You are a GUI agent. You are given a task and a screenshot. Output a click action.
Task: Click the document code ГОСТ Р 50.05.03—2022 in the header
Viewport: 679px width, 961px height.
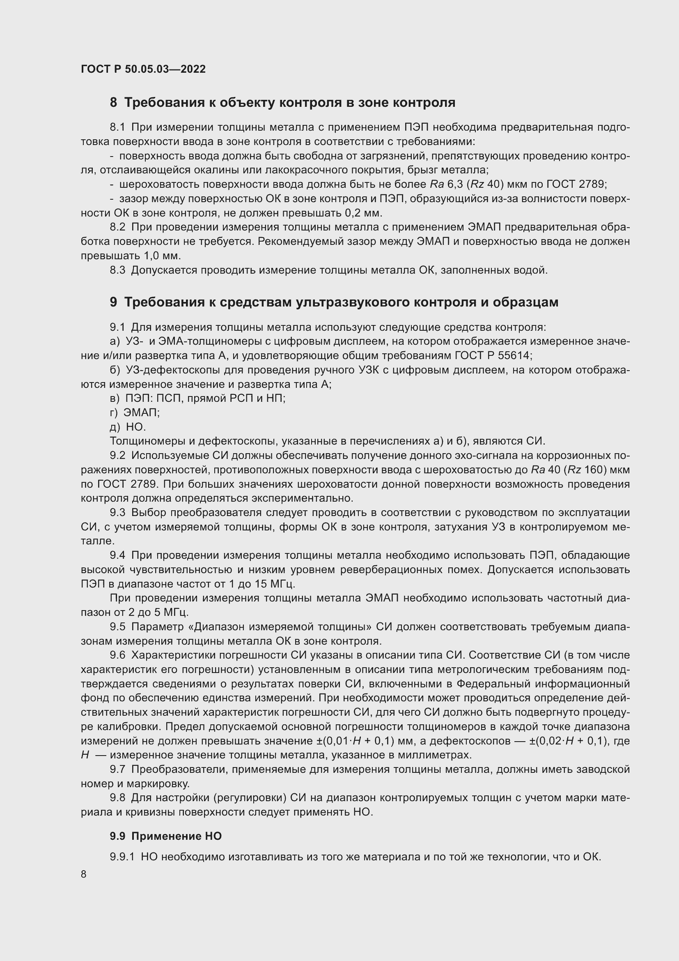[x=143, y=69]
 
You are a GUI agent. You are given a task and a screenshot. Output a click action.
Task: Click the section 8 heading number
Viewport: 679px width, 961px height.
[x=113, y=103]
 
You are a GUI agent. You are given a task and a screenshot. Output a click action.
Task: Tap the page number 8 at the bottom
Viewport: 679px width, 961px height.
[x=84, y=874]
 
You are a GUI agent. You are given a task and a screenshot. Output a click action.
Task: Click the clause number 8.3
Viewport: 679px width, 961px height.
[x=117, y=270]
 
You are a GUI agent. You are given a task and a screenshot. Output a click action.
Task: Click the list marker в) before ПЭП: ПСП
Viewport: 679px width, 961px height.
[x=115, y=398]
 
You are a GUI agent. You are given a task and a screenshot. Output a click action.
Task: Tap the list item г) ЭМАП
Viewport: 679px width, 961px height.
[x=135, y=412]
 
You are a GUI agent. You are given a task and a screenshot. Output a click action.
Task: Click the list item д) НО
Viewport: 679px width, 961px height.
[x=128, y=426]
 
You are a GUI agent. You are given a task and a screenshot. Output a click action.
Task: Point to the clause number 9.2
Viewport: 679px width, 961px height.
[x=117, y=455]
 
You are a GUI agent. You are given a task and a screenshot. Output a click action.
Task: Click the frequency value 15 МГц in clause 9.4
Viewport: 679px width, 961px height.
[x=276, y=583]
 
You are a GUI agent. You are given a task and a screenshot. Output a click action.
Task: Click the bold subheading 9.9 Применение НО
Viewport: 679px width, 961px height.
[x=165, y=836]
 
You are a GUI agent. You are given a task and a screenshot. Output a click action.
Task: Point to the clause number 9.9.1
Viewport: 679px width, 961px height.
[x=122, y=857]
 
